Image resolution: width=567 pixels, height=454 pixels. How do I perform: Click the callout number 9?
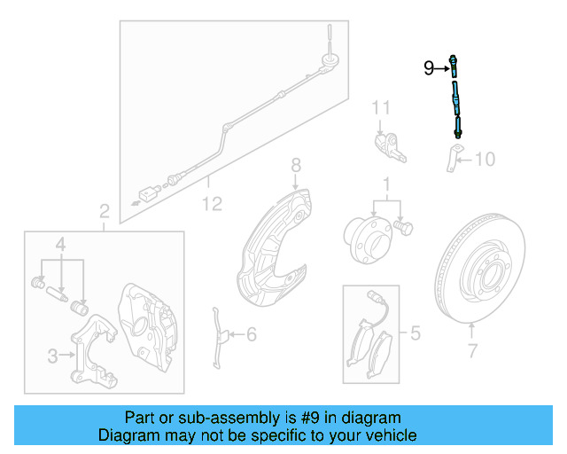click(x=429, y=67)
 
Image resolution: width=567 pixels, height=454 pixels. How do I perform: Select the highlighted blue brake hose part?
click(x=454, y=98)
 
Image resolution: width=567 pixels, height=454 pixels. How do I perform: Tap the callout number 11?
click(x=381, y=108)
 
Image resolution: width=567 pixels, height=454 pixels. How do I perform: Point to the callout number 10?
click(x=485, y=160)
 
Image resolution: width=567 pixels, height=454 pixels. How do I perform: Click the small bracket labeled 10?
click(x=451, y=159)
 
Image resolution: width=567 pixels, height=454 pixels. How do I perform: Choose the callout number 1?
click(x=385, y=185)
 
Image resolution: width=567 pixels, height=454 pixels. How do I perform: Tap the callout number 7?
click(x=472, y=351)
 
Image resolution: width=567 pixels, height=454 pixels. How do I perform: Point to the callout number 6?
click(x=251, y=334)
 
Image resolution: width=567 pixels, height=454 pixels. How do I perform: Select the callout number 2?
click(x=104, y=211)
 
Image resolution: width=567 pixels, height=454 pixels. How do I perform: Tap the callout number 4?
click(x=60, y=244)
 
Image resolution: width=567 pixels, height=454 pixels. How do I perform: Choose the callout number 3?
click(x=52, y=356)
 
